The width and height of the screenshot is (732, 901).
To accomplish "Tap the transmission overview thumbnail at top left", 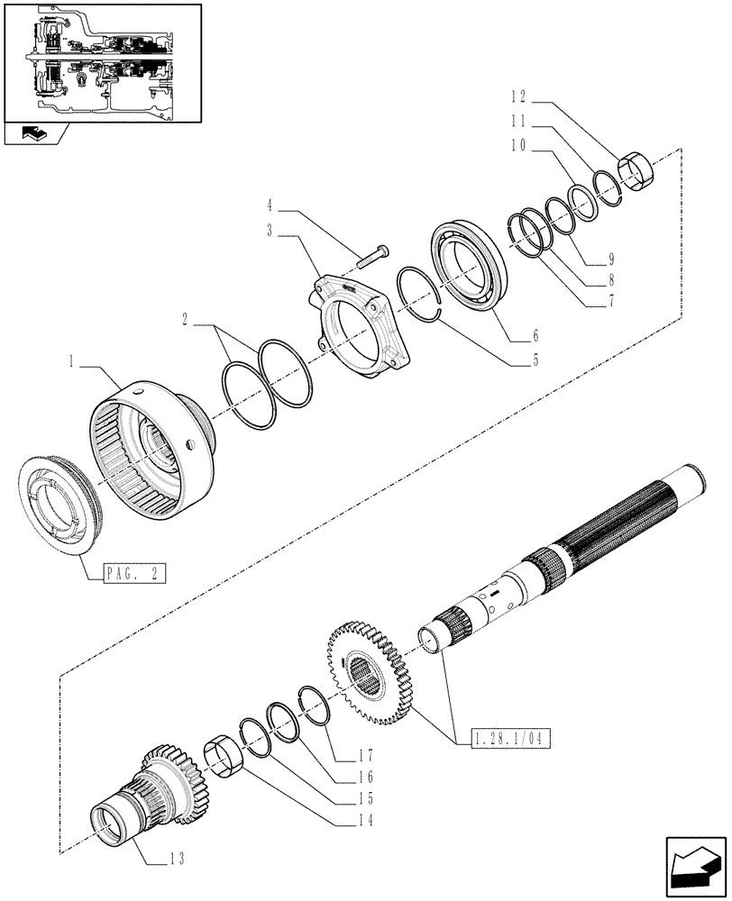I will click(x=101, y=61).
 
